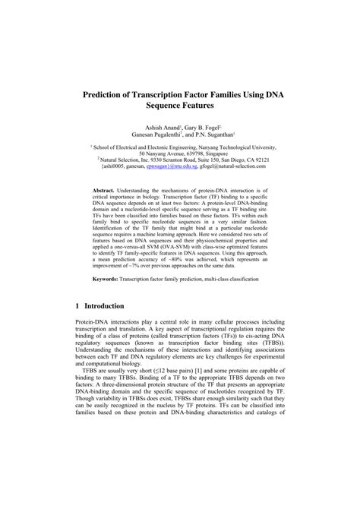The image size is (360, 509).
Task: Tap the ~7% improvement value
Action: tap(149, 297)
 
